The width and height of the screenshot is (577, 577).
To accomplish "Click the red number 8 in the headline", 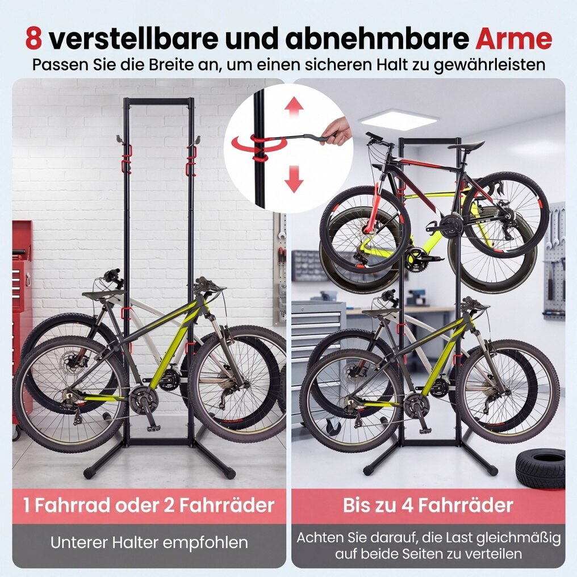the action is pyautogui.click(x=34, y=39).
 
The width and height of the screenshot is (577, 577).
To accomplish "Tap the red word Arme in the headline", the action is pyautogui.click(x=514, y=39).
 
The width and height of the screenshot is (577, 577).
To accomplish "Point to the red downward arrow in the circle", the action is pyautogui.click(x=294, y=179).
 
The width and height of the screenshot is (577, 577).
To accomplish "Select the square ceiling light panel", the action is pyautogui.click(x=399, y=120).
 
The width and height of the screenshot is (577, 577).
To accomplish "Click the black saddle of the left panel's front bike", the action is pyautogui.click(x=103, y=294).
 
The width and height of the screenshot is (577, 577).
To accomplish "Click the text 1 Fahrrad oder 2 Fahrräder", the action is pyautogui.click(x=149, y=505).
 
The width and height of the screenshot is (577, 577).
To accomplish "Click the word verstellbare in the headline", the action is pyautogui.click(x=134, y=39).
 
